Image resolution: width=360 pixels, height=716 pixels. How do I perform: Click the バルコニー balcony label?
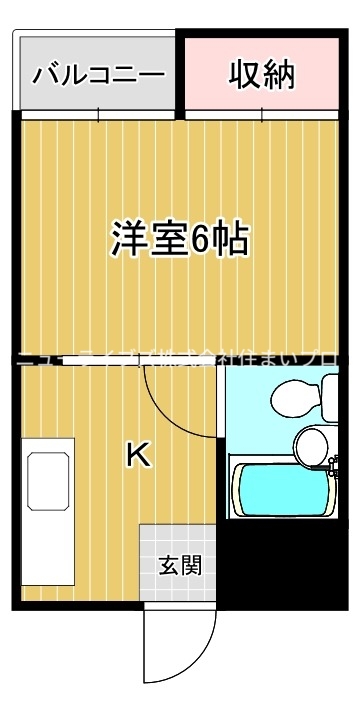pyautogui.click(x=98, y=75)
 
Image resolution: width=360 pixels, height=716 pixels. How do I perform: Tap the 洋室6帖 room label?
pyautogui.click(x=180, y=239)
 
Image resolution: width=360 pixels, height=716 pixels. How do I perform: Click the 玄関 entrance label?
pyautogui.click(x=180, y=565)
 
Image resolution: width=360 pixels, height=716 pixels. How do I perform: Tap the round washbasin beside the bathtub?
pyautogui.click(x=310, y=447)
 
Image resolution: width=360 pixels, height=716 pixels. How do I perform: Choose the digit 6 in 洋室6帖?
pyautogui.click(x=200, y=240)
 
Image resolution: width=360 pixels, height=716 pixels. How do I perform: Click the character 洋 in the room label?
pyautogui.click(x=127, y=239)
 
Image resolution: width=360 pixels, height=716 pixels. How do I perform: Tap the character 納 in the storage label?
pyautogui.click(x=279, y=74)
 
